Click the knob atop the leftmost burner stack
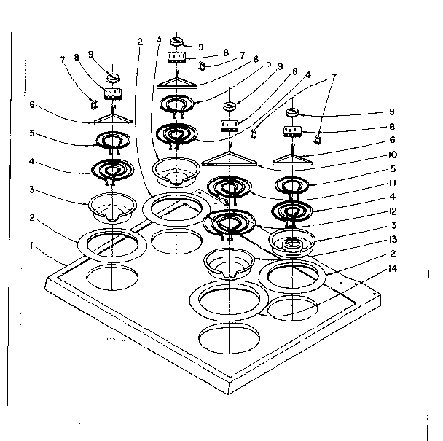pyautogui.click(x=114, y=75)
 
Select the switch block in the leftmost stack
pyautogui.click(x=111, y=93)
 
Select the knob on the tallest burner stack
pyautogui.click(x=178, y=41)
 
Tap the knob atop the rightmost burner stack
pyautogui.click(x=293, y=112)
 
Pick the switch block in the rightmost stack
pyautogui.click(x=293, y=131)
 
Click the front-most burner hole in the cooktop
pyautogui.click(x=227, y=340)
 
